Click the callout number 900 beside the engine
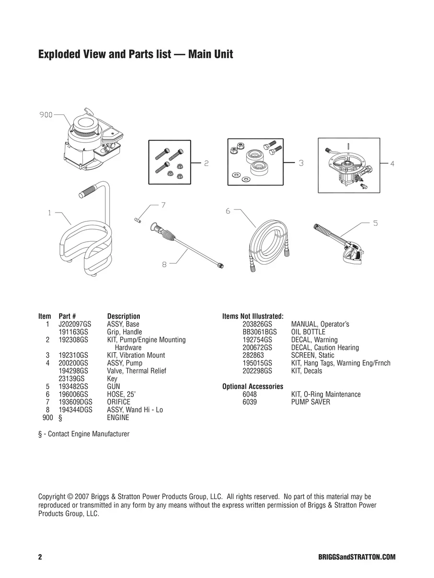46,115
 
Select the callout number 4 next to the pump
392,164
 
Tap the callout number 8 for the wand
164,264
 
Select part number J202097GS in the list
74,324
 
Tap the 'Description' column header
124,316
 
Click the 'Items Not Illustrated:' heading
253,316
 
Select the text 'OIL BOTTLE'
308,332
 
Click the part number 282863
253,356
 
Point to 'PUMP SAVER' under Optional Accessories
310,402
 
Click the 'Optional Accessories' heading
252,387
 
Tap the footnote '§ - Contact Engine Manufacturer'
84,434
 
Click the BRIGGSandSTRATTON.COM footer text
356,557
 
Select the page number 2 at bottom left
40,557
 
